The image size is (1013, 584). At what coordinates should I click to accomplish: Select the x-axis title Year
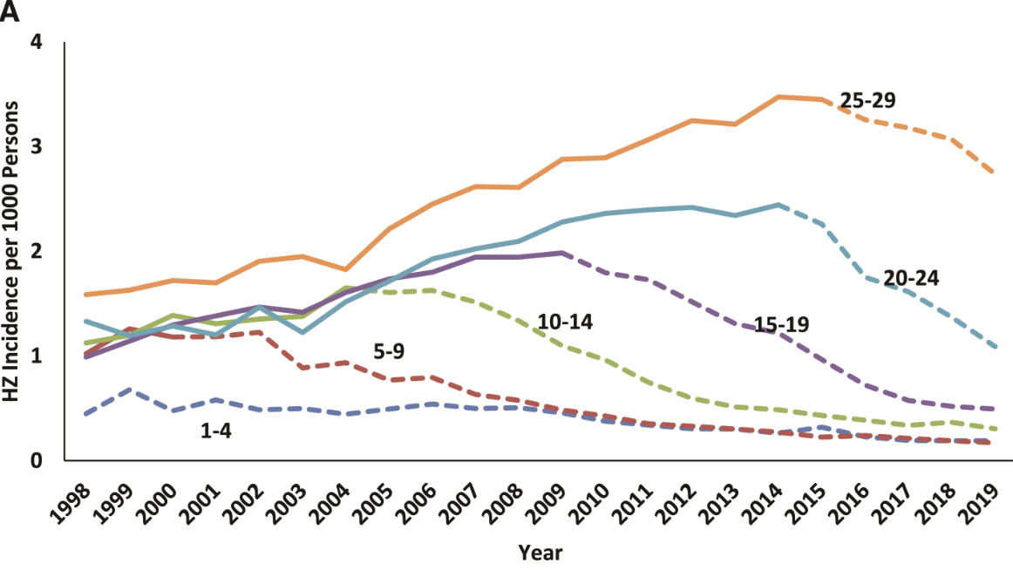coord(540,552)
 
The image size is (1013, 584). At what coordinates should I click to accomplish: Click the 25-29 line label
coord(867,99)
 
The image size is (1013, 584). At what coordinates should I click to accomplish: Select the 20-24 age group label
coord(912,278)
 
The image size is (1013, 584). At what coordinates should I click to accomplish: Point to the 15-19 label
coord(781,324)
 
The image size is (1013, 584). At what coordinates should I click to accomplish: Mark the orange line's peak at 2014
coord(778,97)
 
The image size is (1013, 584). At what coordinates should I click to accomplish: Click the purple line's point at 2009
coord(562,253)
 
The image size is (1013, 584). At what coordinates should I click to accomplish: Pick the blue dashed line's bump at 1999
coord(129,390)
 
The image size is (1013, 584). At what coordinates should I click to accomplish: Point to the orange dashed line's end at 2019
coord(996,173)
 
